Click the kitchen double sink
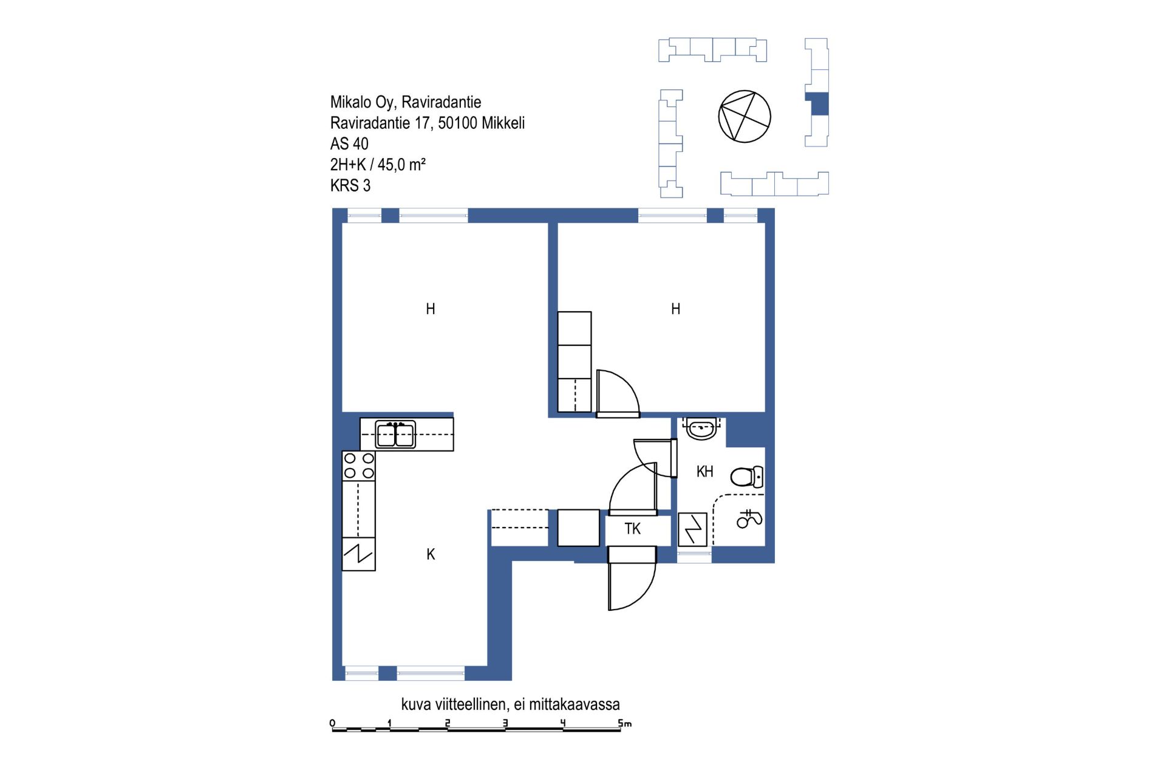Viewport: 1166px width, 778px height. coord(395,435)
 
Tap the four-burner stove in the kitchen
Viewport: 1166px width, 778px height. coord(359,466)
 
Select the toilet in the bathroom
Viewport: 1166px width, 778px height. coord(747,477)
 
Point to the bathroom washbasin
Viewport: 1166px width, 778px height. coord(701,429)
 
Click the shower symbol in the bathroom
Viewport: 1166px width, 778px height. coord(749,518)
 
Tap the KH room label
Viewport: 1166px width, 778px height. coord(704,472)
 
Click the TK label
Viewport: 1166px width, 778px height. coord(632,529)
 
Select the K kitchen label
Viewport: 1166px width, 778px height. coord(431,554)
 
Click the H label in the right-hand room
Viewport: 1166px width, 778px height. coord(675,309)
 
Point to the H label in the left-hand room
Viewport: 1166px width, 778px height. coord(431,309)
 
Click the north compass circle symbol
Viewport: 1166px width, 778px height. coord(745,116)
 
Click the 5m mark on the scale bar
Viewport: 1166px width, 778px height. coord(624,723)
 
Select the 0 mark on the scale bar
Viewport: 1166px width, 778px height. coord(332,723)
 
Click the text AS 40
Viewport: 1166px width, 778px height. coord(349,144)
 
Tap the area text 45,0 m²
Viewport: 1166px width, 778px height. coord(401,165)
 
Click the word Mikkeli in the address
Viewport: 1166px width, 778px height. coord(503,123)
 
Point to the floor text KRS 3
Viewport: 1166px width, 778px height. coord(350,185)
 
